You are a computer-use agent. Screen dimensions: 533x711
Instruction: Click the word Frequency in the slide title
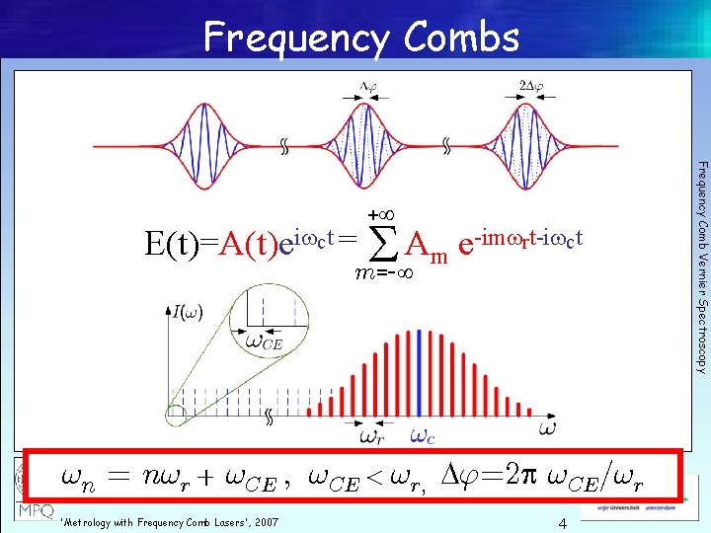(x=295, y=38)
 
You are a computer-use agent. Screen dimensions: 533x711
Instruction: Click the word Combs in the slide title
(x=461, y=38)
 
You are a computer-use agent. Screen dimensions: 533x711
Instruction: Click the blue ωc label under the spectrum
(x=421, y=435)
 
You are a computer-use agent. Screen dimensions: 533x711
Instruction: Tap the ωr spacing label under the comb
(x=372, y=435)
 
